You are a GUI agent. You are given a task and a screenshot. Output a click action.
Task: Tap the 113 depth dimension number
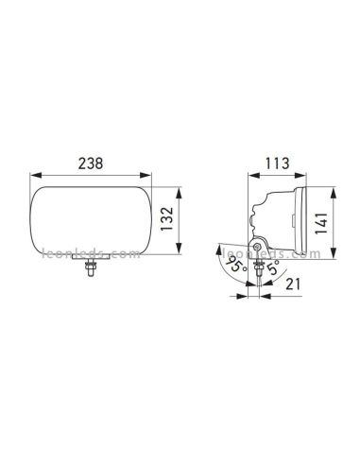tap(277, 162)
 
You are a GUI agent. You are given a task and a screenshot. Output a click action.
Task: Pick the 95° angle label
tap(230, 267)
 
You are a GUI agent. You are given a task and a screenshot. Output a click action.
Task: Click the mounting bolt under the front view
tap(90, 271)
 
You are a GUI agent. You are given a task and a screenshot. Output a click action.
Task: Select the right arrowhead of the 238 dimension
tap(153, 176)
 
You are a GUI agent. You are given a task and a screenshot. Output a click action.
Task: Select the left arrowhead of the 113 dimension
tap(249, 176)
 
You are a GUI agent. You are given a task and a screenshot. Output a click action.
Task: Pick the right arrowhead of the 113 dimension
tap(304, 176)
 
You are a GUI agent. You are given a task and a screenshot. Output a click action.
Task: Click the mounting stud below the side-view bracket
tap(256, 274)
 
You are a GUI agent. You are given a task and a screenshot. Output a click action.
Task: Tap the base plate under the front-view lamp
tap(90, 262)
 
